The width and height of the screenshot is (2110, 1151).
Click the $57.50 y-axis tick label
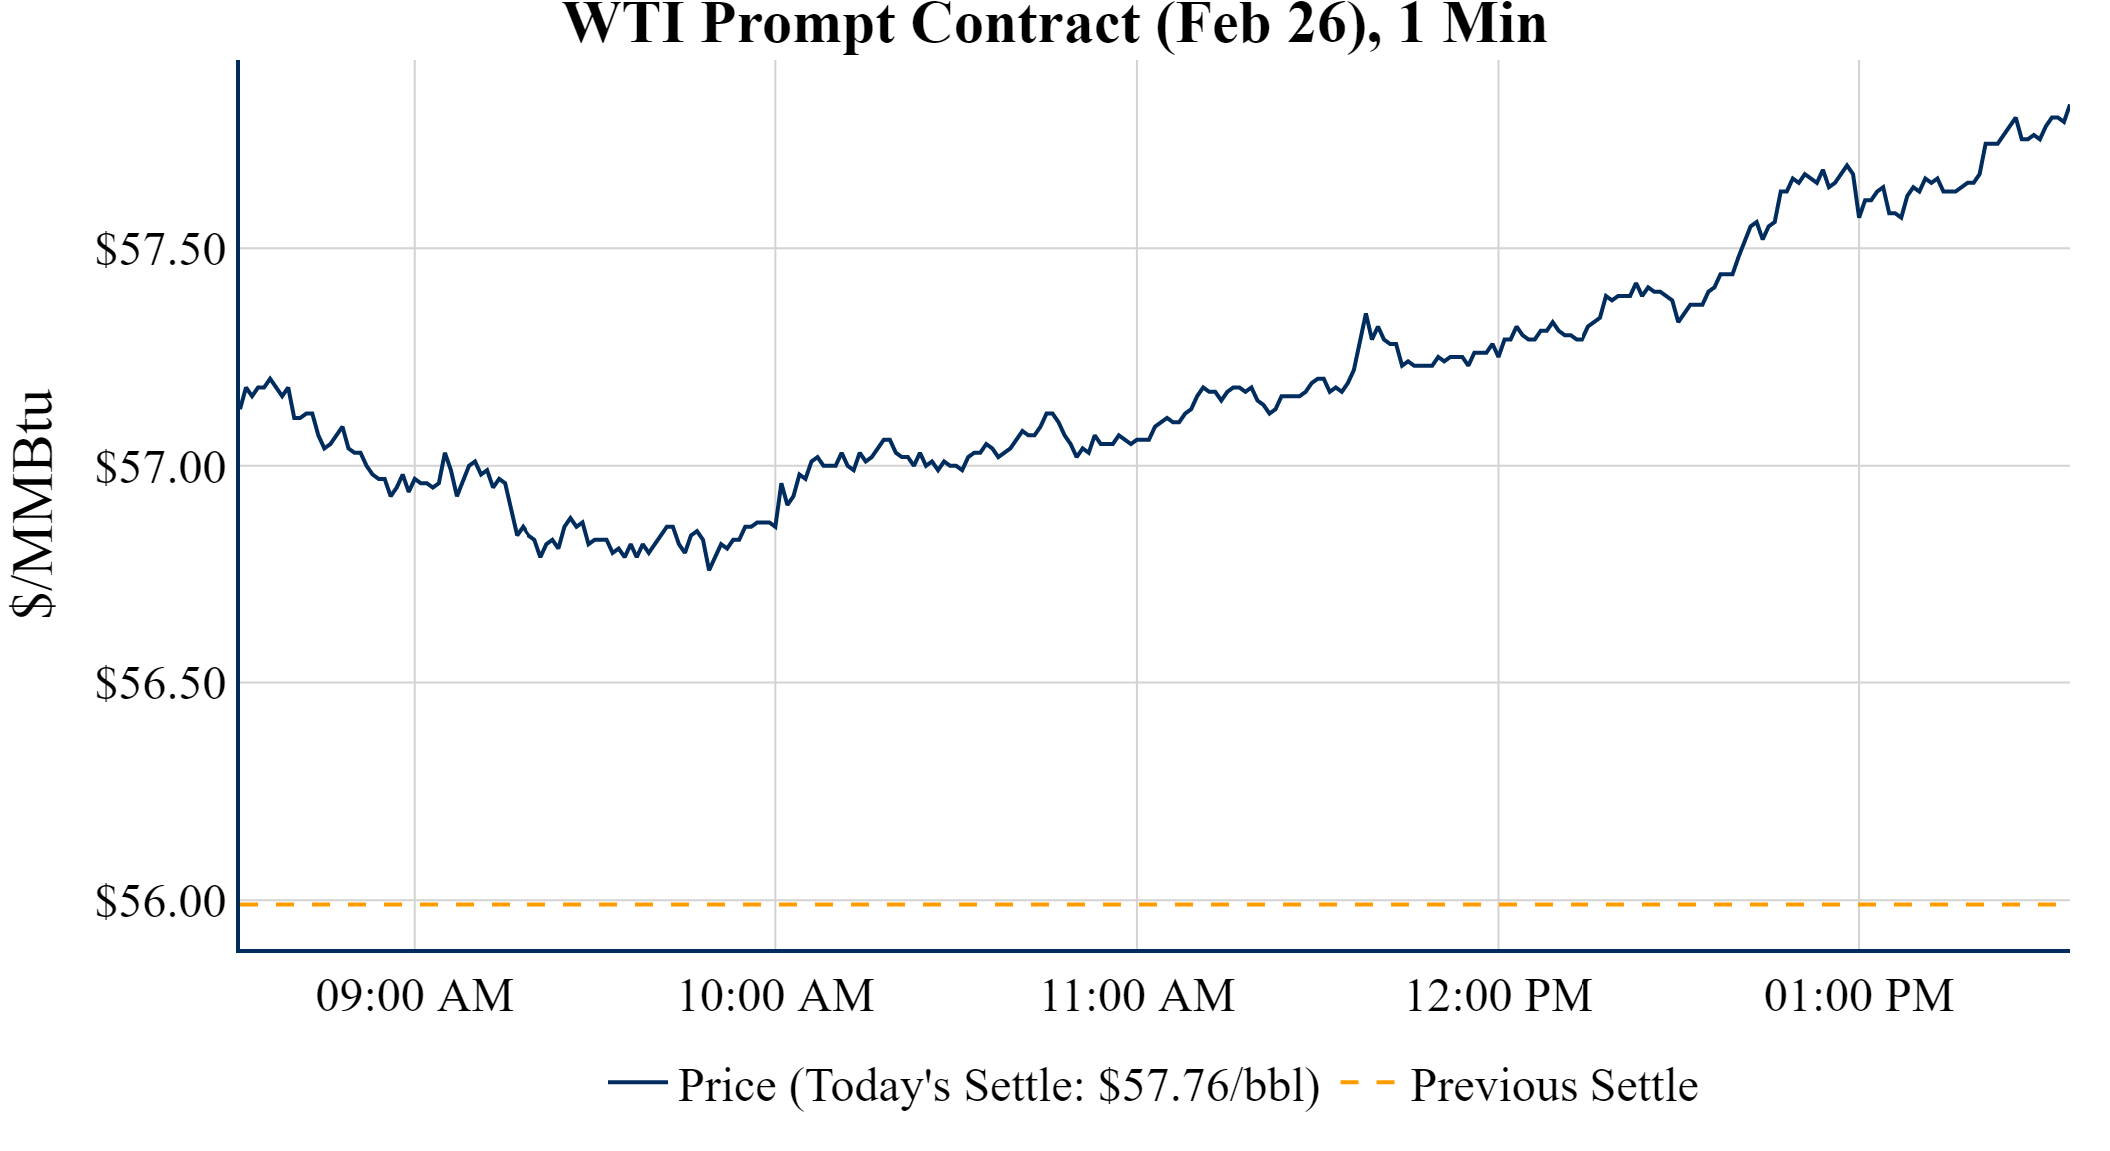[x=160, y=250]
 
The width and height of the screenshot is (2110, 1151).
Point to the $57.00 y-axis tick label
[x=160, y=468]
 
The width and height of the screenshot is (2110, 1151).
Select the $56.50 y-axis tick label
[x=160, y=685]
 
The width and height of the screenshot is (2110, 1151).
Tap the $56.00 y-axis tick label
[x=160, y=903]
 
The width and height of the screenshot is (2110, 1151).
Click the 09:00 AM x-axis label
[x=414, y=997]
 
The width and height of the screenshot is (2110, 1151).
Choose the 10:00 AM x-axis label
[x=775, y=997]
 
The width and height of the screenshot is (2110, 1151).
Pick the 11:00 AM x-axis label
[x=1137, y=997]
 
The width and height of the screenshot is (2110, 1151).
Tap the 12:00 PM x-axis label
[x=1498, y=997]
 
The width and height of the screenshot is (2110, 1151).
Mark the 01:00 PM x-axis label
[x=1858, y=997]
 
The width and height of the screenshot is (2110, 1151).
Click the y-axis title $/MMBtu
[x=32, y=505]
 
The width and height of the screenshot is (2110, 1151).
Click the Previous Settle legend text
[x=1554, y=1086]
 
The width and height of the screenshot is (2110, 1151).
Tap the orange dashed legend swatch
[x=1366, y=1082]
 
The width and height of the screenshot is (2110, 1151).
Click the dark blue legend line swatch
[x=637, y=1082]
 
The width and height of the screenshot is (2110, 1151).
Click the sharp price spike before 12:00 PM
[x=1366, y=315]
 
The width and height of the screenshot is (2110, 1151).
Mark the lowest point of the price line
[x=709, y=569]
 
